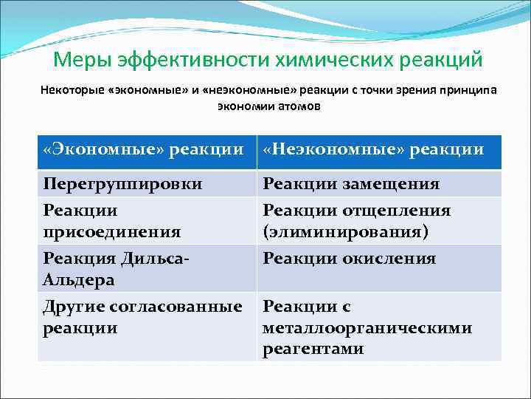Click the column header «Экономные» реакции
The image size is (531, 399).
click(143, 150)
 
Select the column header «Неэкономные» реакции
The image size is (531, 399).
click(373, 150)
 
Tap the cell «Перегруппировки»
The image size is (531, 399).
click(122, 183)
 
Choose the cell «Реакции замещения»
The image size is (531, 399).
click(351, 183)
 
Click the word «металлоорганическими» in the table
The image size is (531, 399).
click(367, 327)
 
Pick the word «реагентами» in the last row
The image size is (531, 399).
click(313, 349)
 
